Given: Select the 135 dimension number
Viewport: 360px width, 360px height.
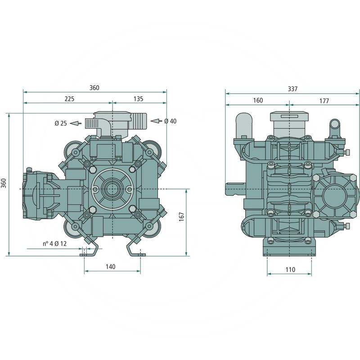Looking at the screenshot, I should tap(138, 99).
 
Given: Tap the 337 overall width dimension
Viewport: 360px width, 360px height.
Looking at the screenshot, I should tap(292, 89).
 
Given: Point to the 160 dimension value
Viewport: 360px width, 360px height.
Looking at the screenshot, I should tap(257, 100).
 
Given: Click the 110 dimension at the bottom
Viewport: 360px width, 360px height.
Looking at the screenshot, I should tap(290, 270).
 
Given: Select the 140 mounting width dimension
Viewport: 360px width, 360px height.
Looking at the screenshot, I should tap(111, 266).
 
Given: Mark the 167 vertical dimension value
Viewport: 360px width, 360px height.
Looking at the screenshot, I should tap(181, 216).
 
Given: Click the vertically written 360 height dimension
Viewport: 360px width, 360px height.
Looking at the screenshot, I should tap(4, 183).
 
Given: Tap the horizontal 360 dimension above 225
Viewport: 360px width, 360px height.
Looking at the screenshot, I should tap(94, 88).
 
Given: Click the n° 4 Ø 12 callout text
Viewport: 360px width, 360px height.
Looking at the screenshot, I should tap(54, 243).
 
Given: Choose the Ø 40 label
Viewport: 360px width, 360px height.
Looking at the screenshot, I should tap(170, 121).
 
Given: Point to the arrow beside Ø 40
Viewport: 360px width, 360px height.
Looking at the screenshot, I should tap(155, 121).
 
